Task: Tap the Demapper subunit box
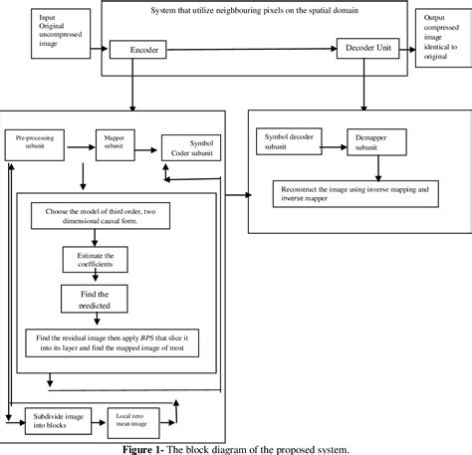(372, 142)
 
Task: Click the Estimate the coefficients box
(94, 261)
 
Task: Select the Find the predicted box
(94, 300)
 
